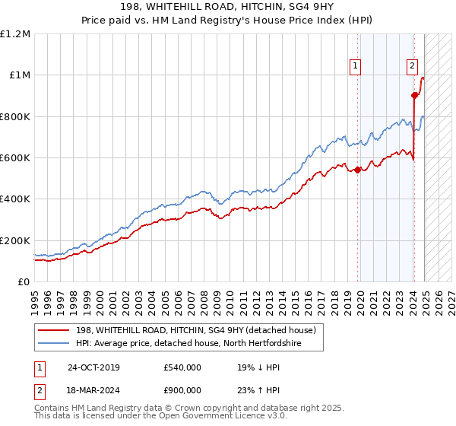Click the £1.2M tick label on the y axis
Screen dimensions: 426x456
pos(16,33)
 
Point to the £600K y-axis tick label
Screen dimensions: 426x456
pos(15,158)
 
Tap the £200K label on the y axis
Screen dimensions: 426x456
pos(15,240)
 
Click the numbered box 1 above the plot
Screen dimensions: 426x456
pos(355,66)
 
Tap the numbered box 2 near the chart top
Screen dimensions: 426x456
pos(412,66)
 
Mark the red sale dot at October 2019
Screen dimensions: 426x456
pos(357,170)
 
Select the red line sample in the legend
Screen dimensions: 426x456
pos(54,329)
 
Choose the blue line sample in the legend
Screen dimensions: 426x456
pos(54,343)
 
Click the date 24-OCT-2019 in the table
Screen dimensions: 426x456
pos(93,367)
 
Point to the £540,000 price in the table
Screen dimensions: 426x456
pos(182,367)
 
